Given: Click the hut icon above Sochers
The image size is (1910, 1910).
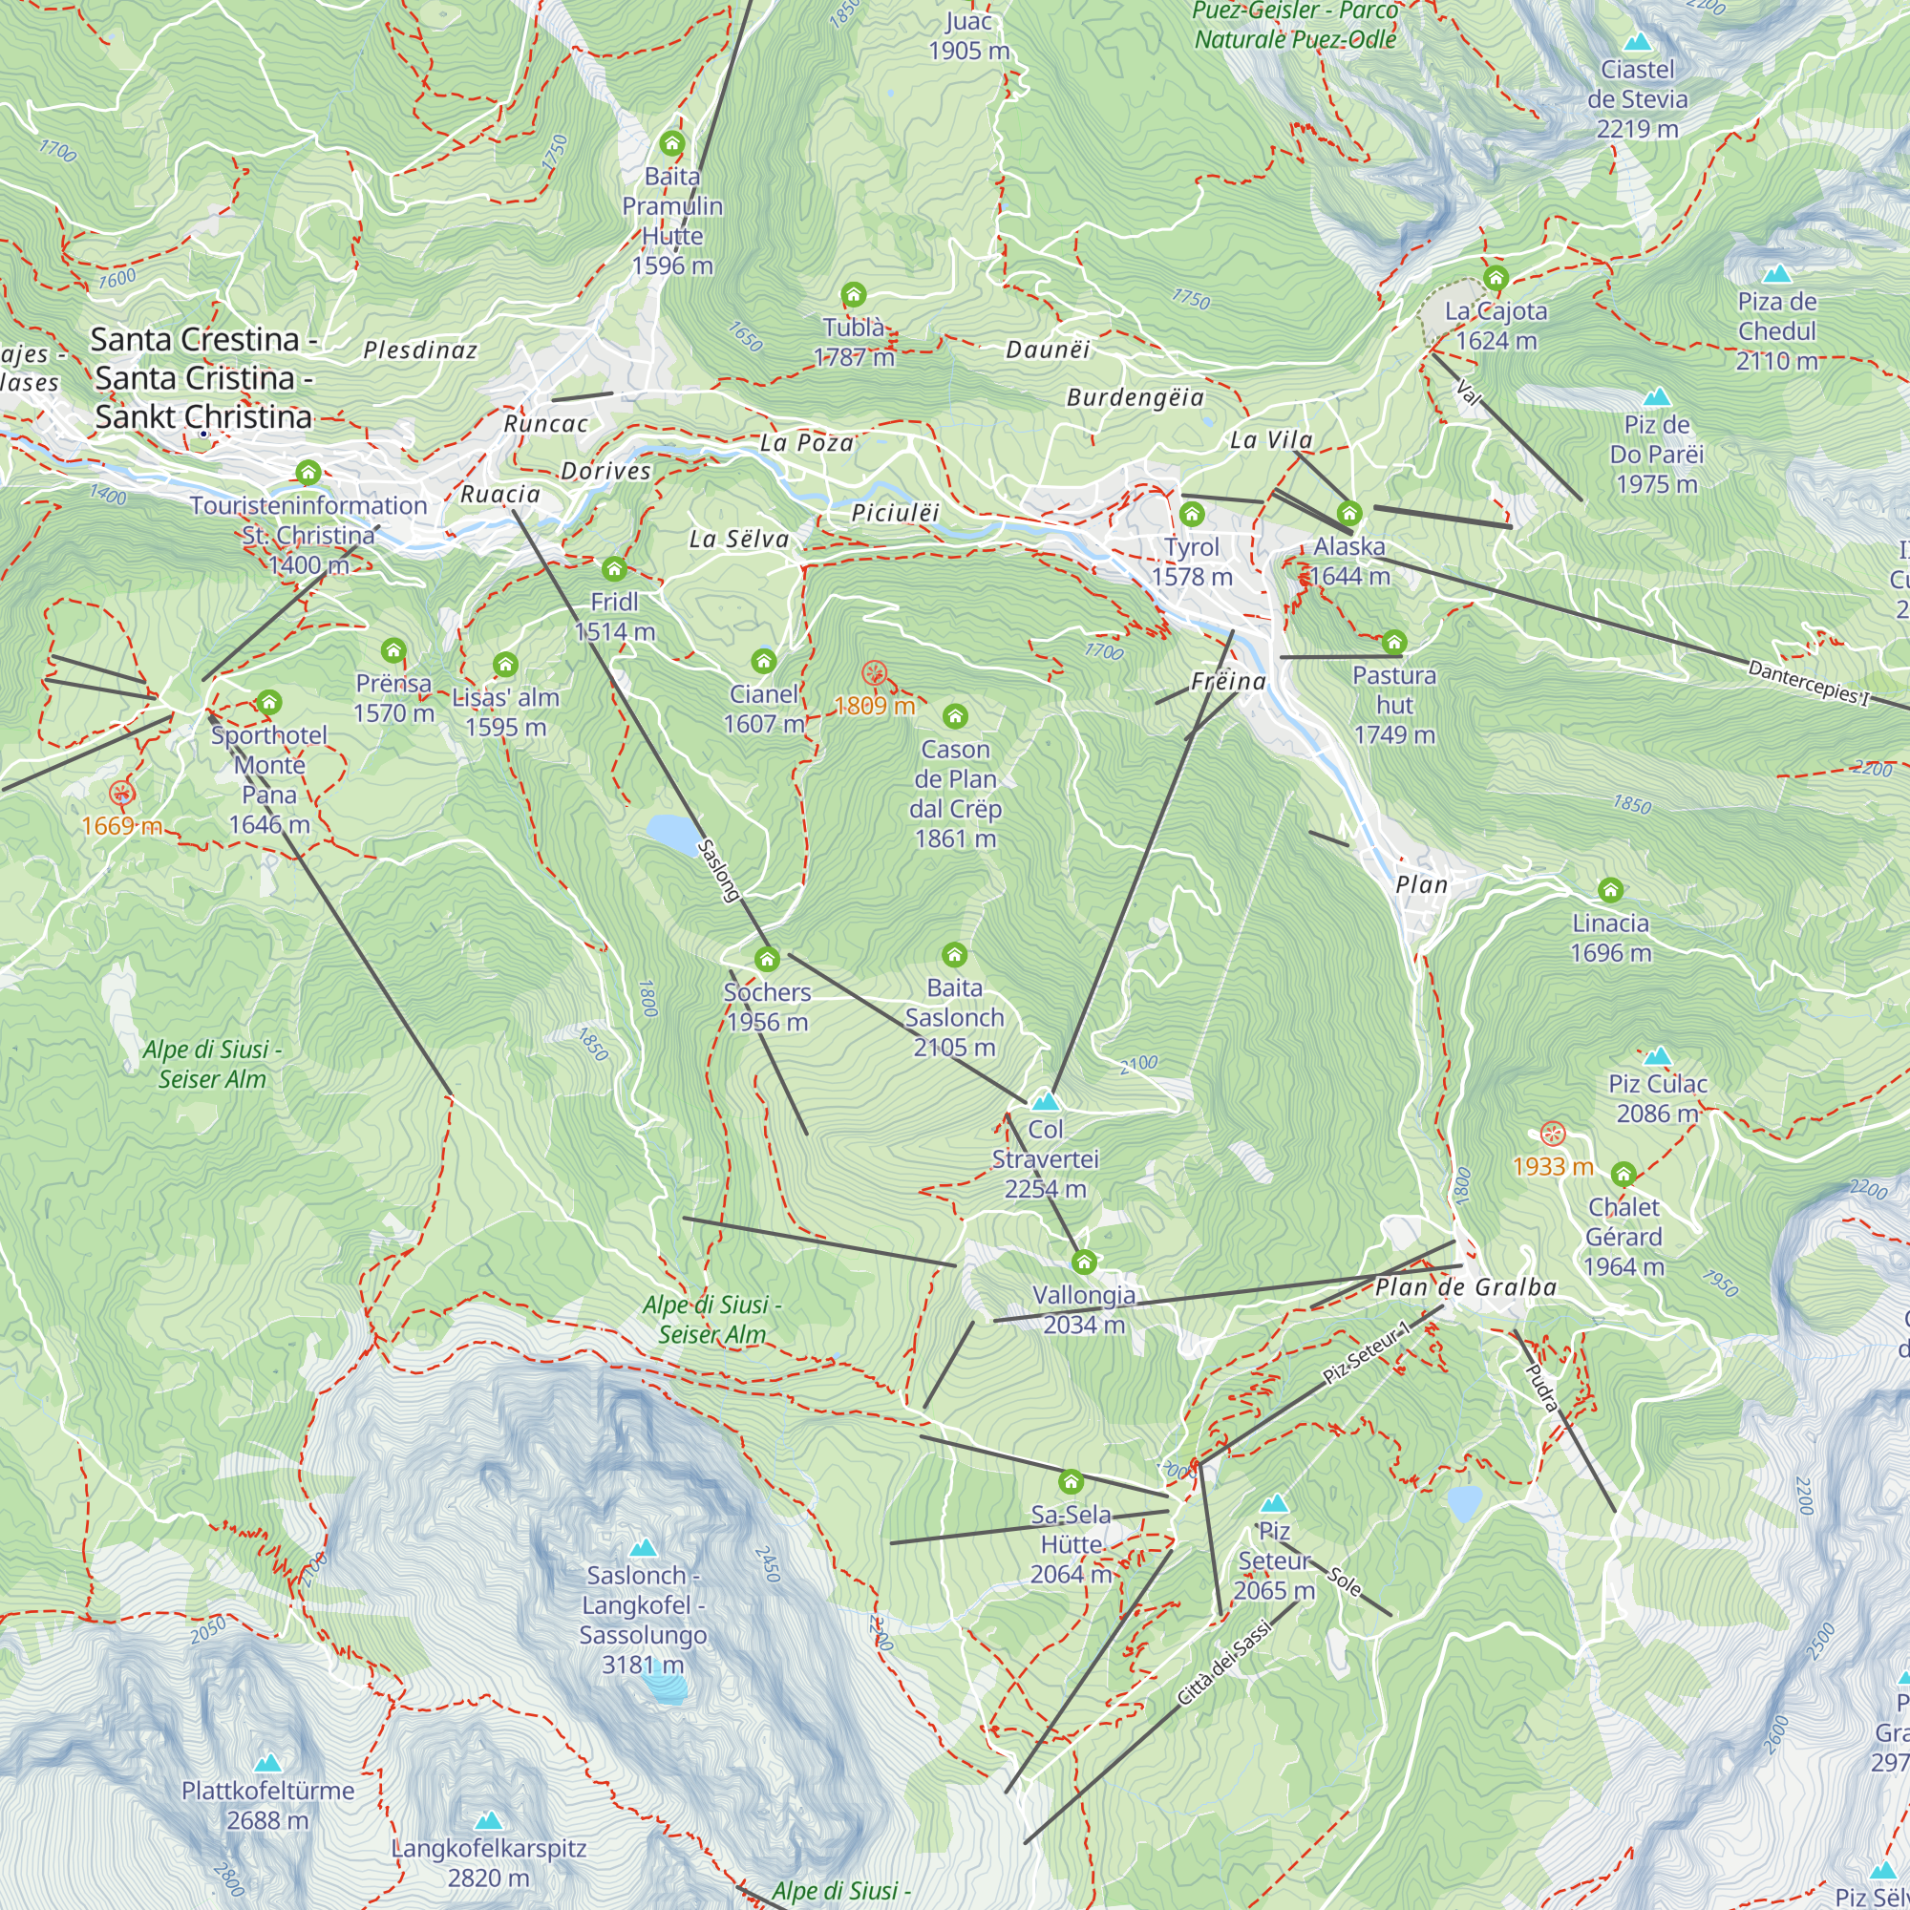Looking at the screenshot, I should pyautogui.click(x=767, y=959).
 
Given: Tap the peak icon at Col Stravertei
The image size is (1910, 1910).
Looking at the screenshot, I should pyautogui.click(x=1045, y=1100).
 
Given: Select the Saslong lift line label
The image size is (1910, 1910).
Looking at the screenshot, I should pyautogui.click(x=719, y=870).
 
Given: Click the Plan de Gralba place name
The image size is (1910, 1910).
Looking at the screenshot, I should pyautogui.click(x=1465, y=1287).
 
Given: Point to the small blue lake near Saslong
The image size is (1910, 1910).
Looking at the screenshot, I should pyautogui.click(x=674, y=835).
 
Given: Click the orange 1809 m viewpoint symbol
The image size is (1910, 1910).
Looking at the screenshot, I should pyautogui.click(x=874, y=674).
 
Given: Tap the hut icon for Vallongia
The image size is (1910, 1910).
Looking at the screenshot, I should pyautogui.click(x=1085, y=1263).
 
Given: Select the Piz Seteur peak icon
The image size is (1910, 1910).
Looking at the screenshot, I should pyautogui.click(x=1274, y=1504).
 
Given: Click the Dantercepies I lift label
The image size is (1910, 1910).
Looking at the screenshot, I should pyautogui.click(x=1809, y=683).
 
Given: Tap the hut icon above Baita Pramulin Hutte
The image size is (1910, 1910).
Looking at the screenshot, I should pyautogui.click(x=672, y=143).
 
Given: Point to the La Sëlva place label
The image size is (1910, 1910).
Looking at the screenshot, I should pyautogui.click(x=739, y=539).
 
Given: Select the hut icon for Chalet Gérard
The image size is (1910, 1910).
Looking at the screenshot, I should pyautogui.click(x=1623, y=1175).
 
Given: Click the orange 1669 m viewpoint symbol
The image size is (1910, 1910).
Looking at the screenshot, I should pyautogui.click(x=121, y=792).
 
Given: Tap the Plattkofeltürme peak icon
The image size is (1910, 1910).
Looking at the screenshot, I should pyautogui.click(x=267, y=1763).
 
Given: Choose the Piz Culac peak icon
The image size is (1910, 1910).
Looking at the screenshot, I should pyautogui.click(x=1658, y=1056).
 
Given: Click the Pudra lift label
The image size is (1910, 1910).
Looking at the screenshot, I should pyautogui.click(x=1542, y=1387).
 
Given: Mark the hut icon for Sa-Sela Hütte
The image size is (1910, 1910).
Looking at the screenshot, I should pyautogui.click(x=1072, y=1482).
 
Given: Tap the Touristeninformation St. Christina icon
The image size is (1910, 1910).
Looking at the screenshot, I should pyautogui.click(x=308, y=473).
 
